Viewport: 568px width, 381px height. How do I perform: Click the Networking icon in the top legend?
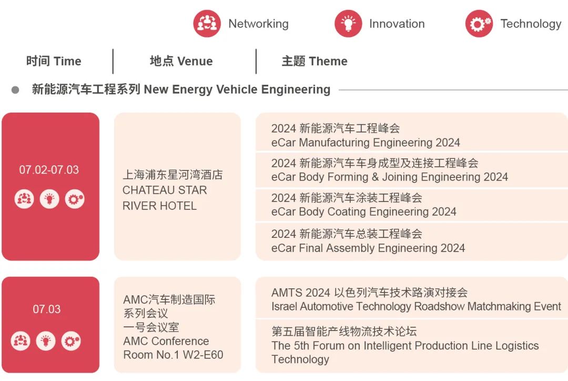point(207,24)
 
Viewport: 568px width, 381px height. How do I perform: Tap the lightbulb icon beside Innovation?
point(348,24)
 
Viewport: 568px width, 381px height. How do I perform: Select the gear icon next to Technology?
point(479,24)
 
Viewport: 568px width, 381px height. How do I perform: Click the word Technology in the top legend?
point(531,24)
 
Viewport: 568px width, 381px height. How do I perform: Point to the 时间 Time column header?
point(54,61)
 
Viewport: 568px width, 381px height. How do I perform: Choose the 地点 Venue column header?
point(181,61)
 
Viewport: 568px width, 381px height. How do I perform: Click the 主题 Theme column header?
point(315,61)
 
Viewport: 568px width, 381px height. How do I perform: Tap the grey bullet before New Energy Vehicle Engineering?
point(15,89)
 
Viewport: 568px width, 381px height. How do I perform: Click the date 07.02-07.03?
point(49,169)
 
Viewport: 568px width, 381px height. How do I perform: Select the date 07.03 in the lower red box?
point(47,309)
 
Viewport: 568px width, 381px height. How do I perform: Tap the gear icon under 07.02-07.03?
point(75,199)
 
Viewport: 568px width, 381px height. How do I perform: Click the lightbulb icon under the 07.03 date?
point(46,341)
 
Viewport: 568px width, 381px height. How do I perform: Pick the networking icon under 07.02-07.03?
point(24,199)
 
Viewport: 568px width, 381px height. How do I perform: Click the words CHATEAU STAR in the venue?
point(165,190)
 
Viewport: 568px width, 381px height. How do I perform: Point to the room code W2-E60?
point(203,355)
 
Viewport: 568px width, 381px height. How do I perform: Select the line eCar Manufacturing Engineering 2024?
point(366,143)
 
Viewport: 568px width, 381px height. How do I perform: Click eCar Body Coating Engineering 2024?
point(364,212)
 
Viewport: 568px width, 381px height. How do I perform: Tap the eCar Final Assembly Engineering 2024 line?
point(368,248)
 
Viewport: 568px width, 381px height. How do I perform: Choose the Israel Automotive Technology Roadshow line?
point(416,306)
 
